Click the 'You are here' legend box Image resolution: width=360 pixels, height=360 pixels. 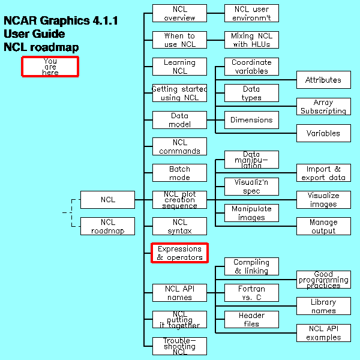pyautogui.click(x=50, y=67)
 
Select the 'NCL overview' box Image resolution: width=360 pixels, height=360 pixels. pyautogui.click(x=179, y=13)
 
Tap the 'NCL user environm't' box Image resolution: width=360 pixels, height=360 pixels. pyautogui.click(x=251, y=13)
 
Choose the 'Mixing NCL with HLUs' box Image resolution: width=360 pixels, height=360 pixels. pyautogui.click(x=251, y=40)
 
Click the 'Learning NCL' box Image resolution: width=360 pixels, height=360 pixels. pyautogui.click(x=179, y=67)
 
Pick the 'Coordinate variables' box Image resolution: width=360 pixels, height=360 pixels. pyautogui.click(x=251, y=67)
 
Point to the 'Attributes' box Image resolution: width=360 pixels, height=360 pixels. pyautogui.click(x=323, y=80)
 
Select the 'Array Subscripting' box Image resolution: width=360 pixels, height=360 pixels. pyautogui.click(x=323, y=107)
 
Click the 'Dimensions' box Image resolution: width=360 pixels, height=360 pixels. pyautogui.click(x=251, y=120)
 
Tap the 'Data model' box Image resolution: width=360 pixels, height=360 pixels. pyautogui.click(x=179, y=120)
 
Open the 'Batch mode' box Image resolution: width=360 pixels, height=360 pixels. pyautogui.click(x=179, y=173)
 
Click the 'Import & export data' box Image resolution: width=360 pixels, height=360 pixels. pyautogui.click(x=323, y=173)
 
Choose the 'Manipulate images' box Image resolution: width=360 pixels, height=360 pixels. pyautogui.click(x=251, y=213)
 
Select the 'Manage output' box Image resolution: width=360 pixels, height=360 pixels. pyautogui.click(x=323, y=226)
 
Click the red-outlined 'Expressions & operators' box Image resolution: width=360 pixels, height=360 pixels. pyautogui.click(x=179, y=253)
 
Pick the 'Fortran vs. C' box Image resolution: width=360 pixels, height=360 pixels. pyautogui.click(x=251, y=293)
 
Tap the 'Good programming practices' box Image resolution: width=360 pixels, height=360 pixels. pyautogui.click(x=323, y=280)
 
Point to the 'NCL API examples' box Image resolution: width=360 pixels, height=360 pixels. pyautogui.click(x=323, y=333)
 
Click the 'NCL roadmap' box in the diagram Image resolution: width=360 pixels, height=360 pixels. pyautogui.click(x=107, y=226)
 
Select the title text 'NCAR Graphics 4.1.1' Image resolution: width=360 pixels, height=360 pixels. pyautogui.click(x=61, y=21)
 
